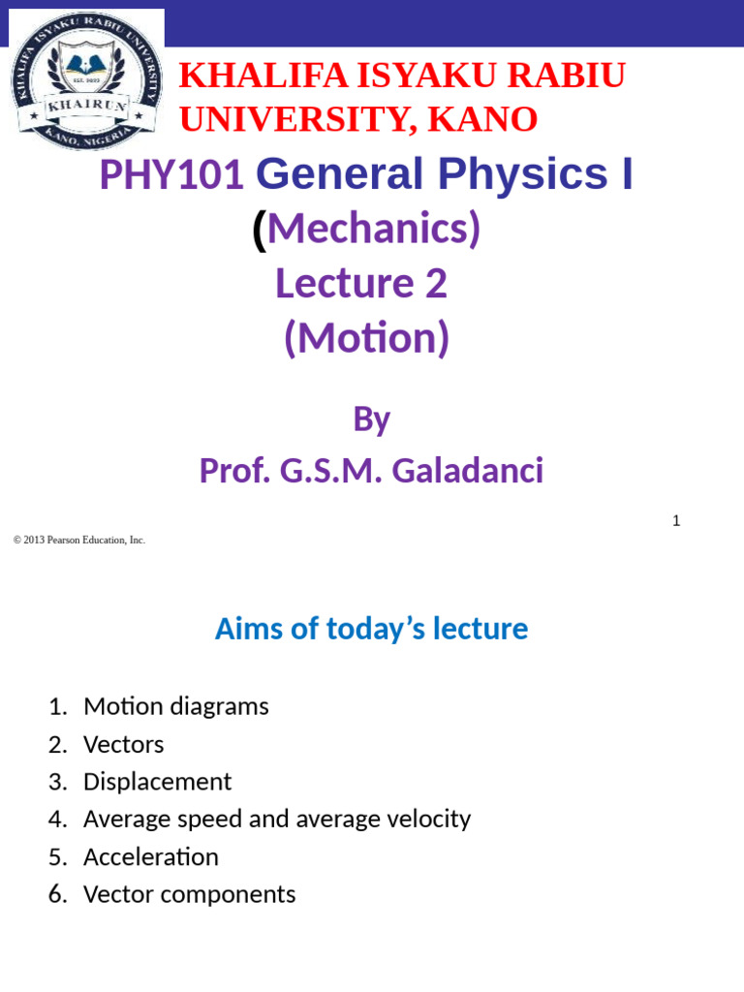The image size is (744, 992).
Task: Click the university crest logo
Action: click(87, 79)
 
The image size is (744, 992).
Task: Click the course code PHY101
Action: click(172, 176)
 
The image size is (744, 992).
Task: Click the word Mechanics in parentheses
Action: click(373, 230)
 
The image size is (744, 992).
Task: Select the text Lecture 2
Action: click(361, 283)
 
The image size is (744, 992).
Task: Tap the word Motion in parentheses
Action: click(366, 337)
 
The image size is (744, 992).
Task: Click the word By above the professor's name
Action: click(371, 419)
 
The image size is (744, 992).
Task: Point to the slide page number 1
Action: click(676, 521)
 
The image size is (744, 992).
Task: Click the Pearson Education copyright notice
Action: click(79, 540)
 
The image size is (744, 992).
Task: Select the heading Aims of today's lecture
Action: click(371, 629)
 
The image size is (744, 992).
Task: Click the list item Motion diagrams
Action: click(176, 706)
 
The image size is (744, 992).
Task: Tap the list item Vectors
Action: click(124, 744)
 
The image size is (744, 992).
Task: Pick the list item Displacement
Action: click(158, 782)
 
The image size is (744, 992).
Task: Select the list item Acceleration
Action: click(151, 857)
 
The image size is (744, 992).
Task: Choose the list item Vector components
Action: click(190, 894)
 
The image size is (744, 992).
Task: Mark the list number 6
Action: click(56, 894)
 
